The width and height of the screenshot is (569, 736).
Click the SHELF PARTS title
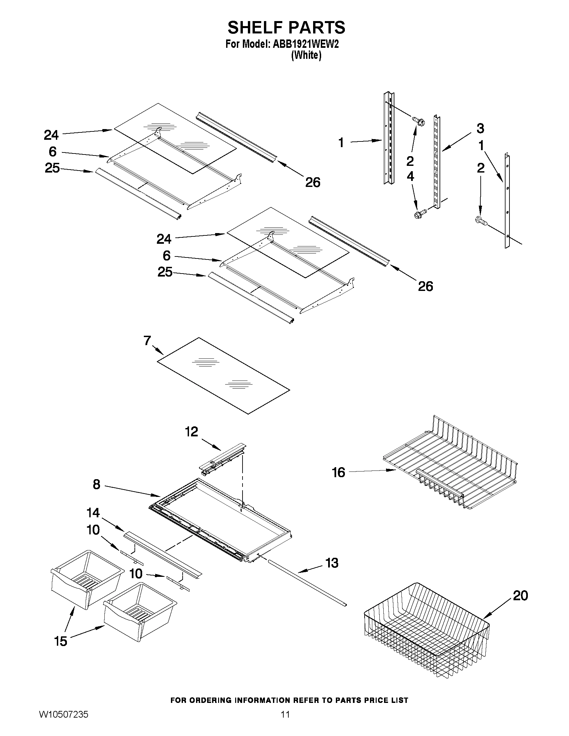[286, 28]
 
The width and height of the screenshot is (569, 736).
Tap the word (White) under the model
[306, 56]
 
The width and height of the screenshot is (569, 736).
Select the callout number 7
[147, 341]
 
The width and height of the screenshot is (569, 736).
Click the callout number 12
[191, 432]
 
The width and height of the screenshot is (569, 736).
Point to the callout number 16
[339, 472]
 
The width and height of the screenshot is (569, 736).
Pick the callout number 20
[520, 596]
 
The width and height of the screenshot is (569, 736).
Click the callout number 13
[332, 563]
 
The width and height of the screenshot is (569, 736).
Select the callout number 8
[96, 485]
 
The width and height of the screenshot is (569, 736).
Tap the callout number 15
[61, 641]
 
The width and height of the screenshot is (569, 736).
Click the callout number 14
[93, 513]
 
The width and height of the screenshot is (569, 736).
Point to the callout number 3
[480, 128]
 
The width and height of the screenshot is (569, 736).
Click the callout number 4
[410, 176]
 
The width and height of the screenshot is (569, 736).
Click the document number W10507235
[64, 724]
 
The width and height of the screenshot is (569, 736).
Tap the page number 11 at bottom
[285, 724]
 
